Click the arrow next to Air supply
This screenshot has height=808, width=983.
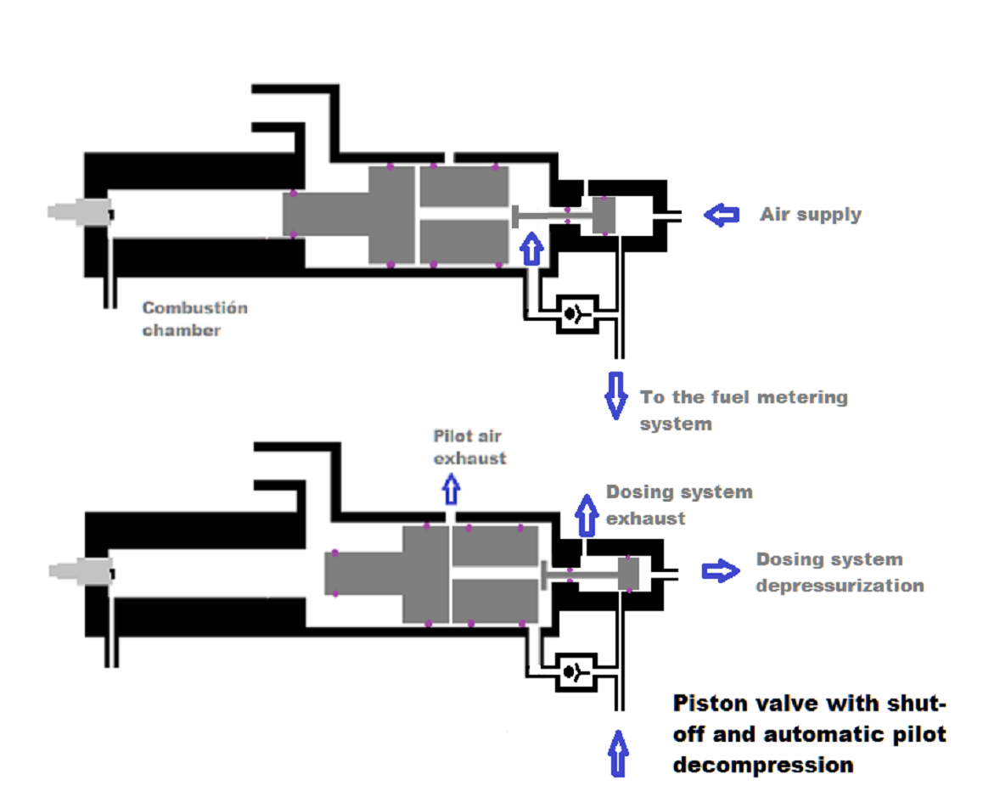(x=722, y=215)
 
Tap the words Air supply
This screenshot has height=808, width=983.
(x=810, y=214)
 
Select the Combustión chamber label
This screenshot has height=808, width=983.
(x=194, y=318)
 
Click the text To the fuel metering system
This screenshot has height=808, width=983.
(x=743, y=409)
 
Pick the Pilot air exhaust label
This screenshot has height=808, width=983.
(x=469, y=447)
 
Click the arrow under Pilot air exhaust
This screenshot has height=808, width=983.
(x=451, y=489)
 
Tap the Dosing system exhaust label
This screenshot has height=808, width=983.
(x=678, y=504)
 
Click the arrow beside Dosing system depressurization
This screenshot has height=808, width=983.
(x=721, y=571)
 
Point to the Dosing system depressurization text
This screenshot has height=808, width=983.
(x=839, y=572)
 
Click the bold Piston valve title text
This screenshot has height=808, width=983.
(x=808, y=734)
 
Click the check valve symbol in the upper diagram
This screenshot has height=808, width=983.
(x=577, y=313)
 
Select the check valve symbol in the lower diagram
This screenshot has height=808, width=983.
(x=577, y=672)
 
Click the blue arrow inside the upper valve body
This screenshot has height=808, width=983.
(x=531, y=250)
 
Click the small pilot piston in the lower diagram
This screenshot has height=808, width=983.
(x=629, y=574)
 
